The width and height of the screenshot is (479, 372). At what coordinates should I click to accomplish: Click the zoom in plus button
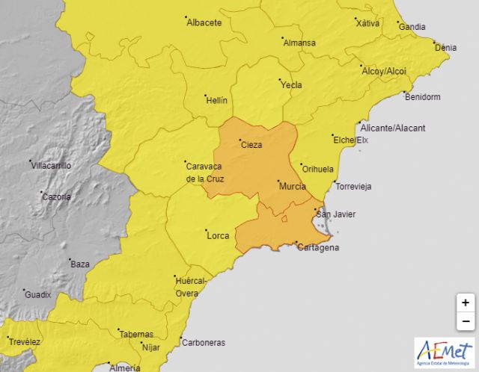pyautogui.click(x=465, y=303)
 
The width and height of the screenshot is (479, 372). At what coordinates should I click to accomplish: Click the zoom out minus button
pyautogui.click(x=465, y=321)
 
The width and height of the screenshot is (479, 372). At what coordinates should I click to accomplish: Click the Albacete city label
pyautogui.click(x=204, y=22)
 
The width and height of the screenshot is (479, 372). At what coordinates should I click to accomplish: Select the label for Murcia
pyautogui.click(x=291, y=186)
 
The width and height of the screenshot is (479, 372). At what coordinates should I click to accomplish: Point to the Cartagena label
pyautogui.click(x=317, y=247)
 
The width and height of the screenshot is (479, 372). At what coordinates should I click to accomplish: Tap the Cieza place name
pyautogui.click(x=251, y=145)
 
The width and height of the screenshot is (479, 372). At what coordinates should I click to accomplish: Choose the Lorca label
pyautogui.click(x=217, y=236)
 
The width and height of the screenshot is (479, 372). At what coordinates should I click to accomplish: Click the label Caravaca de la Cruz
pyautogui.click(x=204, y=173)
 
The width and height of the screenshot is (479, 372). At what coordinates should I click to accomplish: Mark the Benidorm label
pyautogui.click(x=422, y=97)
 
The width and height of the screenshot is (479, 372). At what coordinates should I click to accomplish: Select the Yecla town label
pyautogui.click(x=290, y=85)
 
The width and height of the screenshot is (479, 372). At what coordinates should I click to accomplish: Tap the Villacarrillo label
pyautogui.click(x=52, y=166)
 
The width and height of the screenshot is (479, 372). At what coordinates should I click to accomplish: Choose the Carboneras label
pyautogui.click(x=203, y=343)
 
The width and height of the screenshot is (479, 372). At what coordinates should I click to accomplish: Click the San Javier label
pyautogui.click(x=335, y=215)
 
